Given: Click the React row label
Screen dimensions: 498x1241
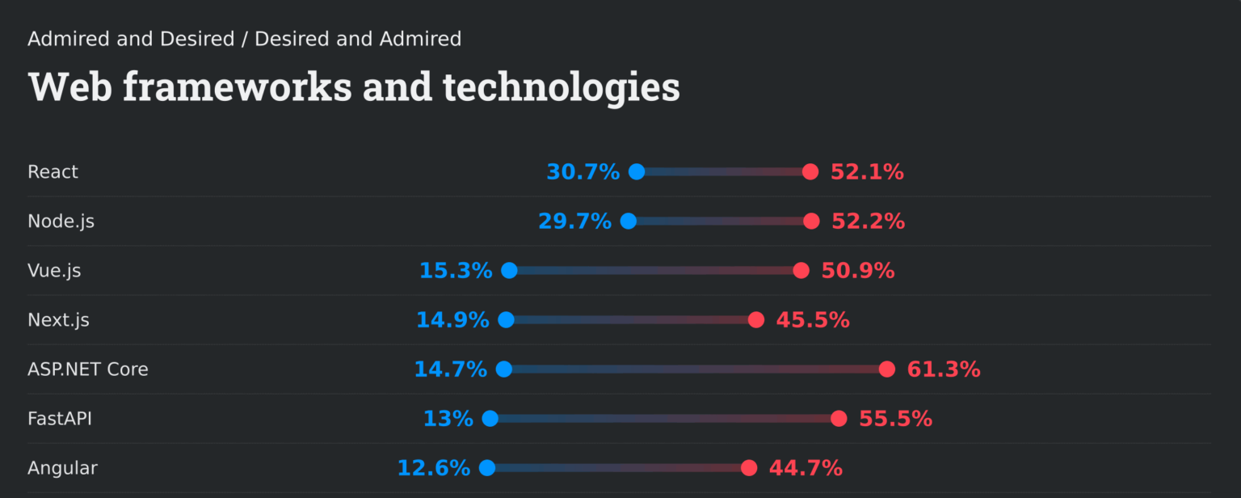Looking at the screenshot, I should (x=53, y=172).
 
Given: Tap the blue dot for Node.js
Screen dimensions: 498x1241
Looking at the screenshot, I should (x=629, y=222).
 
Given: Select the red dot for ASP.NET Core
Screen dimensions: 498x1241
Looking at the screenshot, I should (x=887, y=369).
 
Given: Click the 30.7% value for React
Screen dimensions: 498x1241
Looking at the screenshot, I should (x=583, y=172).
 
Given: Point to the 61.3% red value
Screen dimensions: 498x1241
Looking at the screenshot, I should (x=944, y=369).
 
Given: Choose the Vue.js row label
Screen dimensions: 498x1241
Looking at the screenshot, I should (x=54, y=271).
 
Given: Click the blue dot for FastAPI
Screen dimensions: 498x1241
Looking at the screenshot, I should (x=490, y=419).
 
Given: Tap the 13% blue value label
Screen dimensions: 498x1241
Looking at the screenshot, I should (x=448, y=419).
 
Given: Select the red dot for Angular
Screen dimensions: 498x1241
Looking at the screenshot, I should (x=749, y=468).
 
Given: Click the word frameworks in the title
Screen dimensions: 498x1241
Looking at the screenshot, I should (x=238, y=87).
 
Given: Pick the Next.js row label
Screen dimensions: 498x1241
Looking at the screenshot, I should (x=58, y=320).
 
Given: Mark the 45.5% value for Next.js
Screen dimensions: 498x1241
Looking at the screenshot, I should (x=813, y=320).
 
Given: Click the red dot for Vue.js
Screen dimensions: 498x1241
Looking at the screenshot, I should (x=801, y=271).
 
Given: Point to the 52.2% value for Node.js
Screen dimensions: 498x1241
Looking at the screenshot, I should (x=868, y=222).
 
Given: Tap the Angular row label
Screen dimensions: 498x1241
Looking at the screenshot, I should (x=62, y=468).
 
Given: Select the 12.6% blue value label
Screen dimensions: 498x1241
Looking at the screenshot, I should (x=433, y=468).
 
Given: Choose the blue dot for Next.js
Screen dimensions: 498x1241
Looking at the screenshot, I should (x=506, y=320).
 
